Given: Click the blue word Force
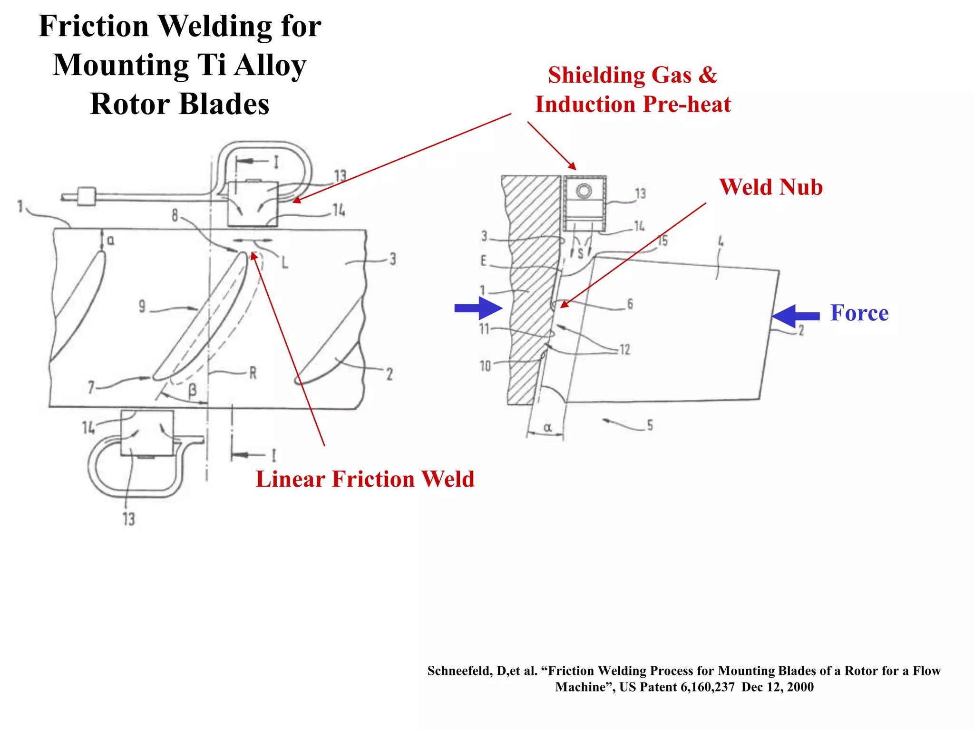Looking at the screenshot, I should click(x=859, y=313).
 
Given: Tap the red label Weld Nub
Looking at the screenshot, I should click(x=771, y=187).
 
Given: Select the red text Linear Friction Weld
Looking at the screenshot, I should click(x=365, y=479).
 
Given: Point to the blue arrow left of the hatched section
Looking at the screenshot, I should click(x=477, y=308).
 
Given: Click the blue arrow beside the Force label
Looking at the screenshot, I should click(x=796, y=316).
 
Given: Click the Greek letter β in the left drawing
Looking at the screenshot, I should click(x=192, y=391).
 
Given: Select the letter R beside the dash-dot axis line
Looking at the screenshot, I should click(x=253, y=373).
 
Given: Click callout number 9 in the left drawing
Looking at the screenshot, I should click(x=142, y=306).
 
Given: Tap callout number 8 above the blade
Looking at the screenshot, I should click(x=175, y=216).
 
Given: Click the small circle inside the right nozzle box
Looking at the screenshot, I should click(x=584, y=191).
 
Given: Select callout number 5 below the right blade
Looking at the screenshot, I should click(x=650, y=425).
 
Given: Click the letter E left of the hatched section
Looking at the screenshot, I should click(x=484, y=260).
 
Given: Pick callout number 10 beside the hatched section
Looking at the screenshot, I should click(x=485, y=365).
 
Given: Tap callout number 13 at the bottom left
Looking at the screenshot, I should click(x=129, y=519).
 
